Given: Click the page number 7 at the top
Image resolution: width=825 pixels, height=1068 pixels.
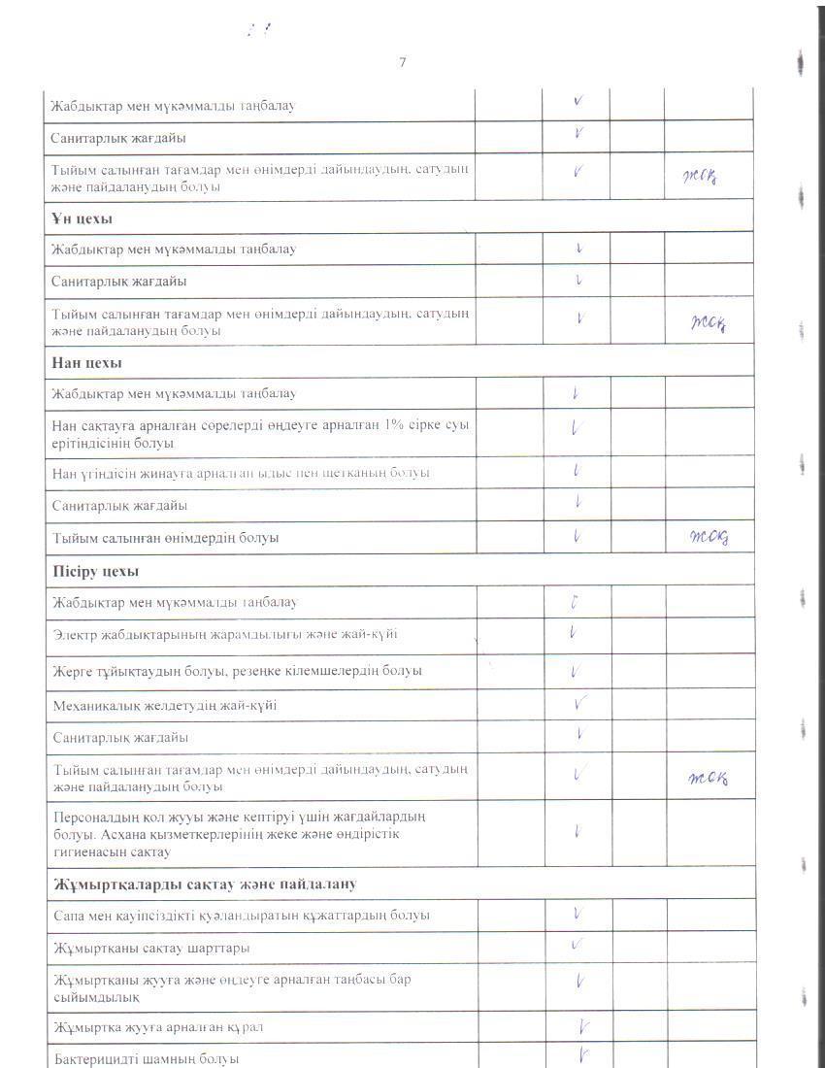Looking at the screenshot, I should click(402, 63).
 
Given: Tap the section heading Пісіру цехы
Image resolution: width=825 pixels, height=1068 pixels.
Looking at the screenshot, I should click(95, 570).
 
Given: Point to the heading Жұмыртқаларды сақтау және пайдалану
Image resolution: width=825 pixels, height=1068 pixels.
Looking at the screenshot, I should click(204, 884).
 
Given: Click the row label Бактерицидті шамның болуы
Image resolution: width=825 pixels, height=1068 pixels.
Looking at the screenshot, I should click(146, 1058).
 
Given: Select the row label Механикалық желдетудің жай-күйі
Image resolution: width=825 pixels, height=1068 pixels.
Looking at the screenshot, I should click(165, 705).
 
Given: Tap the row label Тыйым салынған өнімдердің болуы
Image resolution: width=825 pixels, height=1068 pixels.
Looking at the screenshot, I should click(165, 537).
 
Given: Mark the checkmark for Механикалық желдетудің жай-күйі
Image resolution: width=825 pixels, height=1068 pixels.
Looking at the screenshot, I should click(580, 704).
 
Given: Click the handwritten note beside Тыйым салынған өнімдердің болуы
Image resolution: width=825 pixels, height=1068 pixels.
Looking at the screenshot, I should click(708, 537).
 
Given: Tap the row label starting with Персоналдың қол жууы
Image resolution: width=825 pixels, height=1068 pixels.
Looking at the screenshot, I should click(238, 834).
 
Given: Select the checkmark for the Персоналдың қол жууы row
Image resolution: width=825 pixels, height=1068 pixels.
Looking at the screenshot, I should click(577, 832).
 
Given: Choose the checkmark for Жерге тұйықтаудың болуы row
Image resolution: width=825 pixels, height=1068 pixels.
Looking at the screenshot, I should click(576, 671).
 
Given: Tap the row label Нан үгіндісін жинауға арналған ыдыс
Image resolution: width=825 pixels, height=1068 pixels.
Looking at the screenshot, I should click(241, 473).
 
